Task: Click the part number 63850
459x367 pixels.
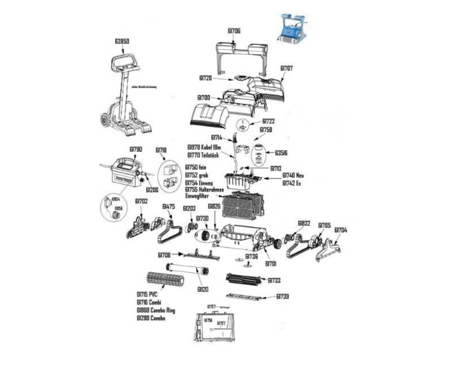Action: (122, 41)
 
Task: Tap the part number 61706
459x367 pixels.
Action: (234, 31)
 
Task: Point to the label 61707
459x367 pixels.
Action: (287, 68)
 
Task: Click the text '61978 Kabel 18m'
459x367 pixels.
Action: (204, 147)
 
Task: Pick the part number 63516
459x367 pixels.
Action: (281, 152)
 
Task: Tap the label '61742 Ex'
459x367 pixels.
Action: (291, 183)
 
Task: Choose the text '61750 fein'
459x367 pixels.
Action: (196, 168)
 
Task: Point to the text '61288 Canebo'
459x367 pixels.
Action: (151, 318)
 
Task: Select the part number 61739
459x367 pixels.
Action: (283, 297)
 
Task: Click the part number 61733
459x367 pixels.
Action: (274, 280)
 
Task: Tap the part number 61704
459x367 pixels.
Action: (341, 230)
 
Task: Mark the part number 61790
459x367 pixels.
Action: (135, 150)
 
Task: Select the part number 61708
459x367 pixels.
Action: (164, 255)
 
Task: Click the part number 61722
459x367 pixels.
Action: (269, 121)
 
